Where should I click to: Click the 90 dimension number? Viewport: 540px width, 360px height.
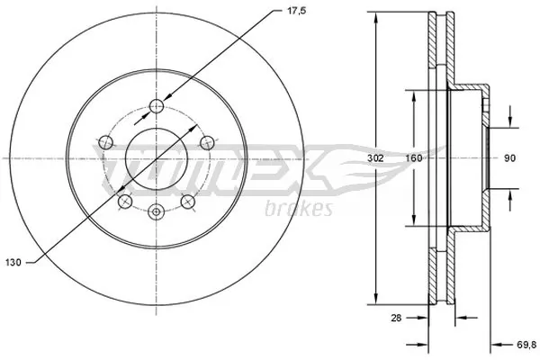coord(508,158)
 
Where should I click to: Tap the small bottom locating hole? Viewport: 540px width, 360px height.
coord(157,212)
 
